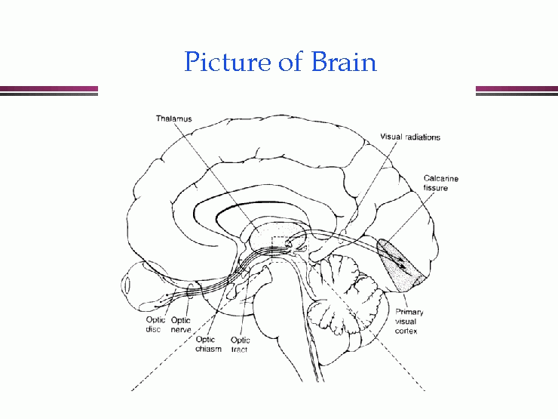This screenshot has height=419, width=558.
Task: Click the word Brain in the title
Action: coord(341,62)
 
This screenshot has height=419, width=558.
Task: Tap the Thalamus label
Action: coord(174,119)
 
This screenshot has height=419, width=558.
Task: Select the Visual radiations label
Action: coord(410,137)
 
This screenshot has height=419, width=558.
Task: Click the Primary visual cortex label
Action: coord(409,322)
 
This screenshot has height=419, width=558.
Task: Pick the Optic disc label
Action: coord(155,325)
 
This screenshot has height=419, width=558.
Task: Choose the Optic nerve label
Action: coord(180,325)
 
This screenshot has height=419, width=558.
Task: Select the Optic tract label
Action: coord(241,344)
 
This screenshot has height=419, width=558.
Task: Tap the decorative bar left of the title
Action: coord(48,91)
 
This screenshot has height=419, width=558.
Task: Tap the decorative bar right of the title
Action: coord(517,91)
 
